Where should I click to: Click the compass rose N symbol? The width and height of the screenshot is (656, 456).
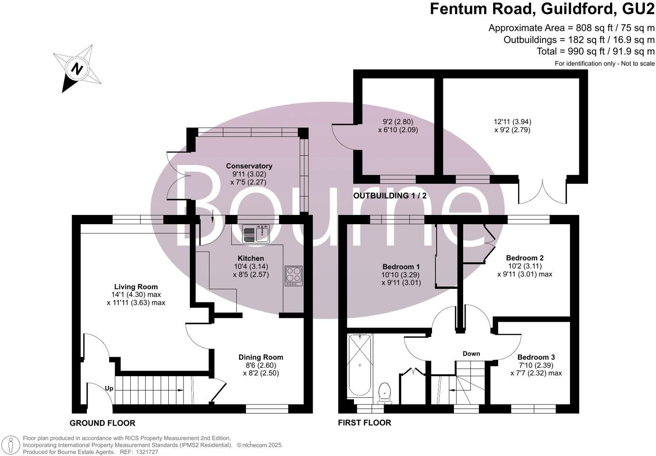click(x=76, y=68)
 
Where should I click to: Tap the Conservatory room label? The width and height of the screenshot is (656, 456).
click(x=249, y=166)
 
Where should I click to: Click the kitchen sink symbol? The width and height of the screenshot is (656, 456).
click(x=256, y=234)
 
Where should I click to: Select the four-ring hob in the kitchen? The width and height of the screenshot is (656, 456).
click(x=293, y=275)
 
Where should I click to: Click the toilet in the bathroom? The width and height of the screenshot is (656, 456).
click(x=385, y=392)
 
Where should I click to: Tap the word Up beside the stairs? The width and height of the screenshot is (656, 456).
click(x=109, y=388)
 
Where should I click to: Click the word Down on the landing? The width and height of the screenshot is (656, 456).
click(x=471, y=353)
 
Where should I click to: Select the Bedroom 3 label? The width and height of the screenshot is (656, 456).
click(x=536, y=357)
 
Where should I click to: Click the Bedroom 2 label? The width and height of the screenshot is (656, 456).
click(x=525, y=258)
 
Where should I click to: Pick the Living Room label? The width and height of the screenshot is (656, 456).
click(x=136, y=287)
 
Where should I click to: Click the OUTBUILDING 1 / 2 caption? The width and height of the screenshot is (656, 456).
click(x=390, y=196)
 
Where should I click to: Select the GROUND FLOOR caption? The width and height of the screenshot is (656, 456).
click(x=103, y=423)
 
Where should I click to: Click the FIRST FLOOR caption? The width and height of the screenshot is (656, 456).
click(x=364, y=423)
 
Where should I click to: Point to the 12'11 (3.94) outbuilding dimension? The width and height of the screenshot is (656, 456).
click(x=512, y=122)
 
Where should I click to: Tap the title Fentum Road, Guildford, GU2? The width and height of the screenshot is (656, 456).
click(x=542, y=9)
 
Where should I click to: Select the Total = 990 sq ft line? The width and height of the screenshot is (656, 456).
click(x=595, y=52)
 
